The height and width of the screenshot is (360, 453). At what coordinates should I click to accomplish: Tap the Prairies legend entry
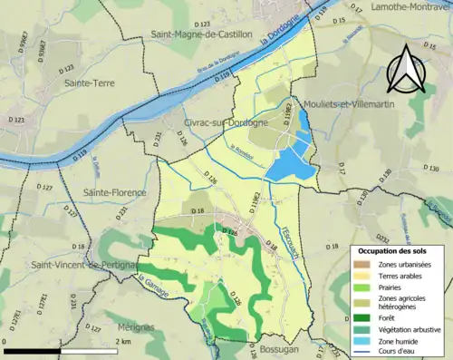pos(391,287)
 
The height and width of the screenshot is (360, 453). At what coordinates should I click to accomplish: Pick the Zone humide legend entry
pos(399,341)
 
